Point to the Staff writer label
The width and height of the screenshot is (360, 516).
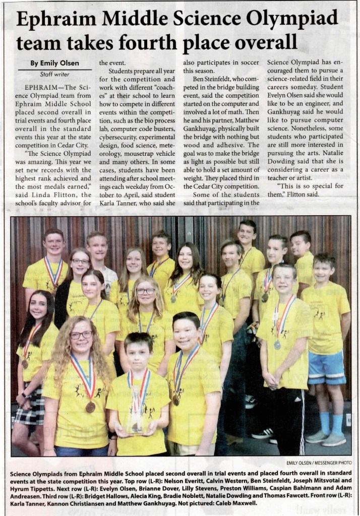[54, 74]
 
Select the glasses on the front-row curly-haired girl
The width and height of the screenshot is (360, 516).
[81, 335]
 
